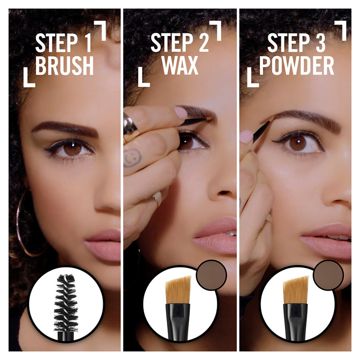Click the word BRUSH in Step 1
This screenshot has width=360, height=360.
64,65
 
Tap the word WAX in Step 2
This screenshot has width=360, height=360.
180,65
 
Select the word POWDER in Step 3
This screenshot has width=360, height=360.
297,66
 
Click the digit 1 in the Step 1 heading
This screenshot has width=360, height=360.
87,43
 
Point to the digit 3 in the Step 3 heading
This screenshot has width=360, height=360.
320,43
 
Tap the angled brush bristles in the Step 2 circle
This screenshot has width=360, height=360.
178,290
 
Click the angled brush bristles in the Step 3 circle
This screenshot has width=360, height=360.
295,290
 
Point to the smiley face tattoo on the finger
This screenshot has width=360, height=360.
132,158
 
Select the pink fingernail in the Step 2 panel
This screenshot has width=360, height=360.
180,112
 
